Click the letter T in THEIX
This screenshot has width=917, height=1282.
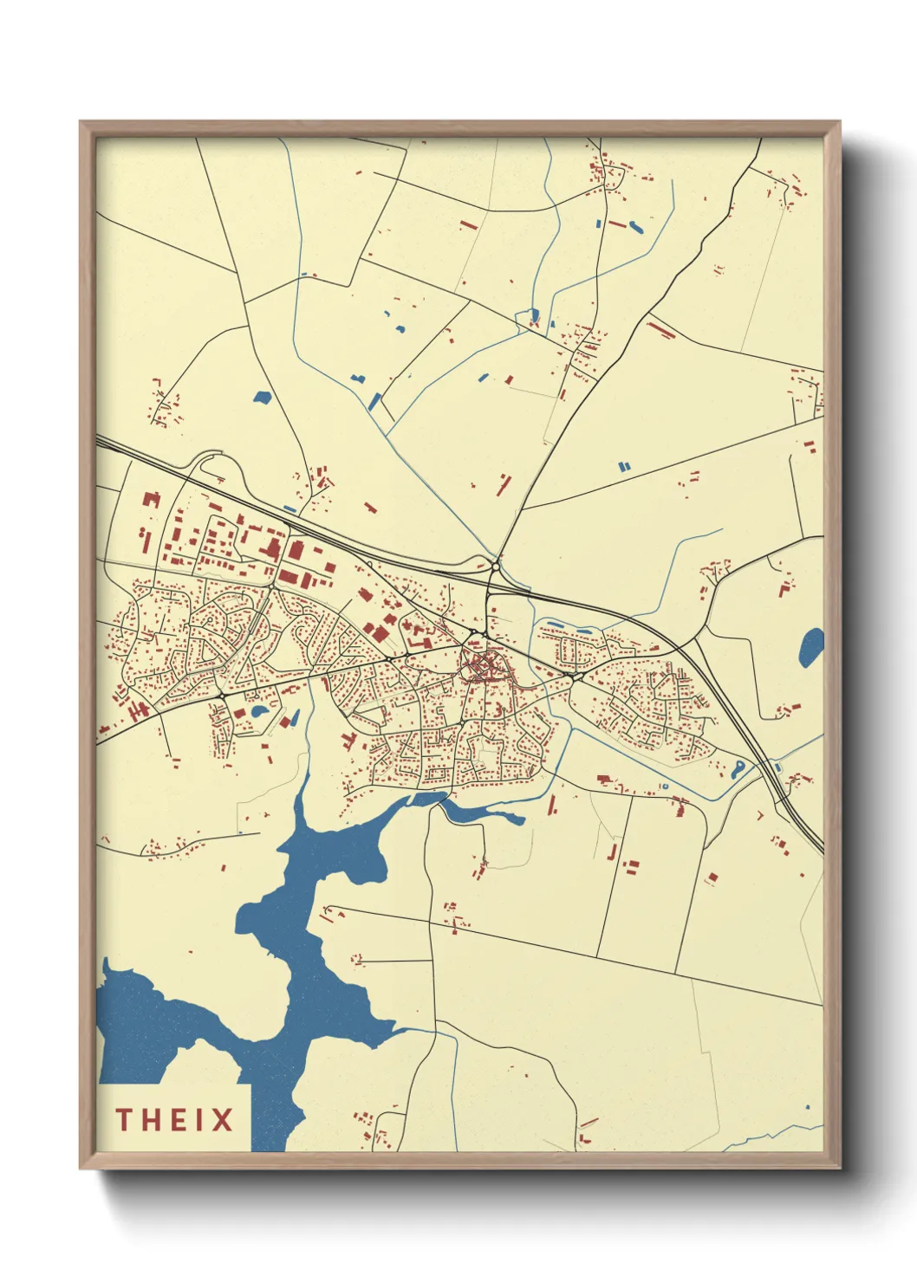[125, 1120]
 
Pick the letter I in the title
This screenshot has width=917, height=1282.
[197, 1120]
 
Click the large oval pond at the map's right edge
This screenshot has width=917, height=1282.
[811, 647]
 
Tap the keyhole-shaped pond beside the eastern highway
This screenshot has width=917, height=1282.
[738, 769]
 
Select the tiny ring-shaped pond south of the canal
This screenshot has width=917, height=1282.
[664, 786]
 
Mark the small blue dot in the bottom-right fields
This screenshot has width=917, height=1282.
[808, 1106]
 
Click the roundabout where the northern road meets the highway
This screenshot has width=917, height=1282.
[494, 567]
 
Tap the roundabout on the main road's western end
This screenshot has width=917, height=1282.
[222, 696]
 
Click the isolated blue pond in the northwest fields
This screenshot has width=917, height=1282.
[262, 398]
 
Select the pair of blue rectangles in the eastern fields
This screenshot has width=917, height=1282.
[624, 467]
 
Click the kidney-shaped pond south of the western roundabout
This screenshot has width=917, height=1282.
[259, 713]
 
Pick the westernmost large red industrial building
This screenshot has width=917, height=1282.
[152, 499]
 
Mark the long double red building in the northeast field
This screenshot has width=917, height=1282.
[661, 329]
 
